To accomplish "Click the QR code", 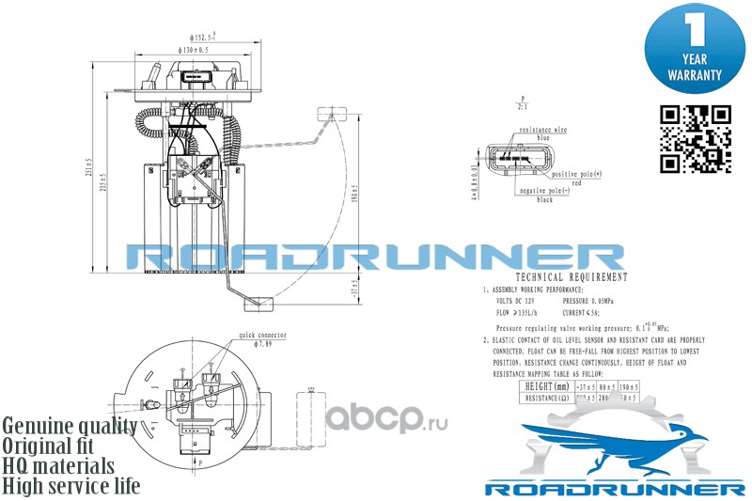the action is (696, 138).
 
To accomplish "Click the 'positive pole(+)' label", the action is (576, 175).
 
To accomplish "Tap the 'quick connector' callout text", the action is (262, 335).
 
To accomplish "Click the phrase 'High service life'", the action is (71, 486).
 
